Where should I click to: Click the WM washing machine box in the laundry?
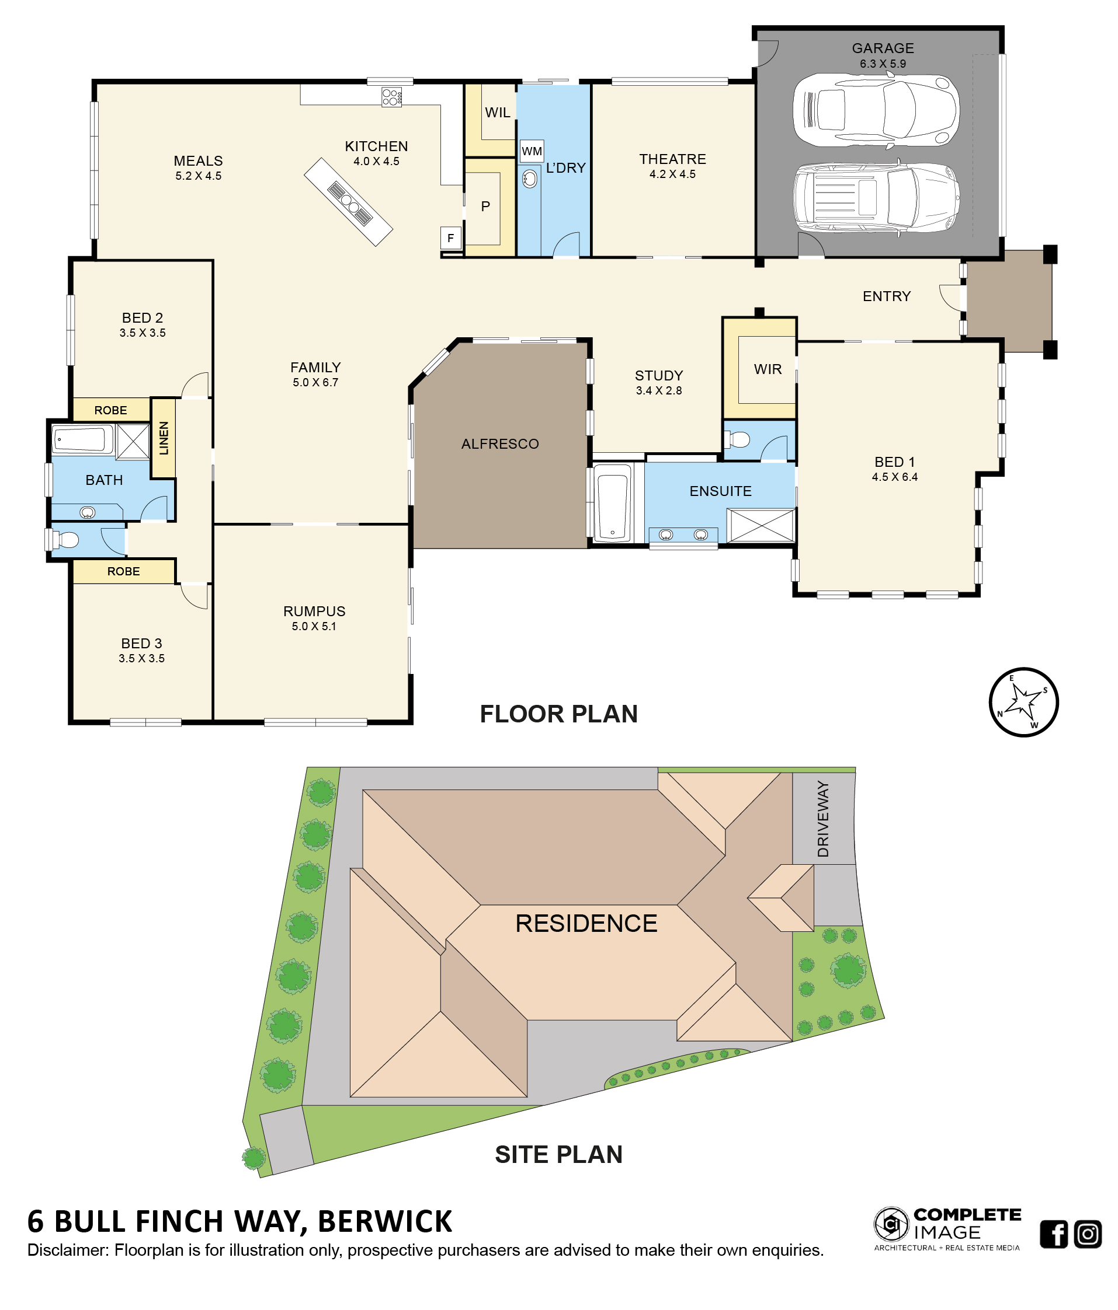(532, 151)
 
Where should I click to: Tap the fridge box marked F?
(450, 238)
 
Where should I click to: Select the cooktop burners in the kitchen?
(391, 97)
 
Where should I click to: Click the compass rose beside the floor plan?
(1023, 702)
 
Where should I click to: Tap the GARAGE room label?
(883, 48)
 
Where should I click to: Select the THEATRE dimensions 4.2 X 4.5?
(672, 174)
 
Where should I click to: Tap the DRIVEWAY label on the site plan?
(822, 819)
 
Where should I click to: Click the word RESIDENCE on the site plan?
(586, 923)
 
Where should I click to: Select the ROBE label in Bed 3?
(123, 571)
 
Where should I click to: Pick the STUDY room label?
(659, 376)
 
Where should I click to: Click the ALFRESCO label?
(500, 444)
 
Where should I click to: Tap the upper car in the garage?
(876, 111)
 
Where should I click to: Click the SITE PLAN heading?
(558, 1154)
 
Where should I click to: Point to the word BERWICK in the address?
(385, 1221)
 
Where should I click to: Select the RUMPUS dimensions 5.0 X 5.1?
(314, 626)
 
